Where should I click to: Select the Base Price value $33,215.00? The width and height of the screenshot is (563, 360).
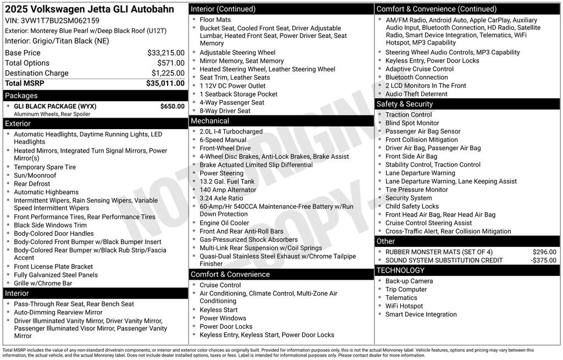pyautogui.click(x=166, y=53)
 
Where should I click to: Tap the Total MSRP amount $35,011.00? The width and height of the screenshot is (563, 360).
pyautogui.click(x=165, y=84)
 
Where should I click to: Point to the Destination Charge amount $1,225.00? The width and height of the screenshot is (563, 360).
pyautogui.click(x=168, y=73)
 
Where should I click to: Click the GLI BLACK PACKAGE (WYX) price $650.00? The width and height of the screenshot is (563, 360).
pyautogui.click(x=172, y=106)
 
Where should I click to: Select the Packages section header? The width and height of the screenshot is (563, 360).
pyautogui.click(x=21, y=96)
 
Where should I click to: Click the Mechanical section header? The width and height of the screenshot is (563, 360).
pyautogui.click(x=210, y=121)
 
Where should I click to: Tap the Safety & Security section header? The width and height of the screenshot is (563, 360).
pyautogui.click(x=405, y=104)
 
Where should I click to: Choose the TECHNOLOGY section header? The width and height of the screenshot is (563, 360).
pyautogui.click(x=400, y=270)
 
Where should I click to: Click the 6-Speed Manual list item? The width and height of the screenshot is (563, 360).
pyautogui.click(x=223, y=140)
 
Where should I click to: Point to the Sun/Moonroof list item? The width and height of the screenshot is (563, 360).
pyautogui.click(x=35, y=175)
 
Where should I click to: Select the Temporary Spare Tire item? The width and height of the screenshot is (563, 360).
pyautogui.click(x=45, y=167)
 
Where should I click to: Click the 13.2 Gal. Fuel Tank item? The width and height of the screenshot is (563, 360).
pyautogui.click(x=227, y=181)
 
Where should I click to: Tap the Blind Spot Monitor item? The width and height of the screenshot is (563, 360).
pyautogui.click(x=412, y=123)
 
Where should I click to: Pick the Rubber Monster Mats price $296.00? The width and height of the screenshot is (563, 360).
pyautogui.click(x=544, y=252)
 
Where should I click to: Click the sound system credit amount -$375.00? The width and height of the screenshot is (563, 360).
pyautogui.click(x=543, y=260)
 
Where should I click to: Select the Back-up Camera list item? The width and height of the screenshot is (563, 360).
pyautogui.click(x=409, y=281)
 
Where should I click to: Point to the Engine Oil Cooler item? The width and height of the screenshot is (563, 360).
pyautogui.click(x=224, y=223)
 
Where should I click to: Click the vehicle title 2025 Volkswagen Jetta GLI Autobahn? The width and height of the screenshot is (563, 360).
pyautogui.click(x=90, y=9)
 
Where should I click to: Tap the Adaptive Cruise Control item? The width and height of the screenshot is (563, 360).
pyautogui.click(x=420, y=69)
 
